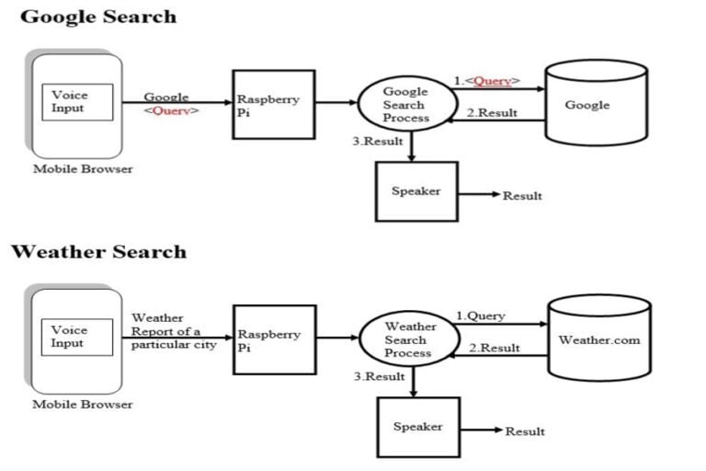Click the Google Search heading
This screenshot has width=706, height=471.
click(x=98, y=17)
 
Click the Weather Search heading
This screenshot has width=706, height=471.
click(x=99, y=251)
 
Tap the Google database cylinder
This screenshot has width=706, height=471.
click(x=596, y=103)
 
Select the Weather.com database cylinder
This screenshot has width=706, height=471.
click(x=599, y=338)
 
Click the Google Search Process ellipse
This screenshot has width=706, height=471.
click(x=408, y=104)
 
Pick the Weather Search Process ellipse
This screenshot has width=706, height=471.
click(x=409, y=339)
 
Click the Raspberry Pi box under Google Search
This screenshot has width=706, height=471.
click(x=274, y=105)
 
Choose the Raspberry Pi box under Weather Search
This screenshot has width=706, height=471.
click(x=275, y=339)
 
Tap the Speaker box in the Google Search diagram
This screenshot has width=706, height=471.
click(x=416, y=191)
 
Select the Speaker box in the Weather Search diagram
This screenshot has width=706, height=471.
click(x=418, y=427)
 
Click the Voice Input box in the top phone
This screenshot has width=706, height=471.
click(x=77, y=102)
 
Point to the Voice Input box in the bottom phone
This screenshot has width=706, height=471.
click(x=77, y=337)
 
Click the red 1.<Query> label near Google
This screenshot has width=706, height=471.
click(x=487, y=81)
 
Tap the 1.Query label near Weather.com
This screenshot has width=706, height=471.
click(x=481, y=316)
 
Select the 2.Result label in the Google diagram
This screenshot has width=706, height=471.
click(x=492, y=112)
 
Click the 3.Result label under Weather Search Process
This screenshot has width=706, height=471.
click(x=379, y=376)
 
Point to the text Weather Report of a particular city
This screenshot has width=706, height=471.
click(x=174, y=331)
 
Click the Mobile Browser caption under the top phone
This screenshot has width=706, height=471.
click(x=83, y=169)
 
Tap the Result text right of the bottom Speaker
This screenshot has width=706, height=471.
click(x=525, y=431)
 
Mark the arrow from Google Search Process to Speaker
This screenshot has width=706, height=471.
click(x=411, y=146)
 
